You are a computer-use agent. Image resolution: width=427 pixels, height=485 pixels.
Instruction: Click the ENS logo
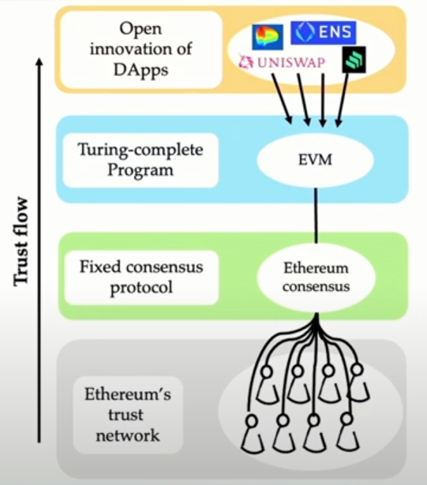point(324,32)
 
